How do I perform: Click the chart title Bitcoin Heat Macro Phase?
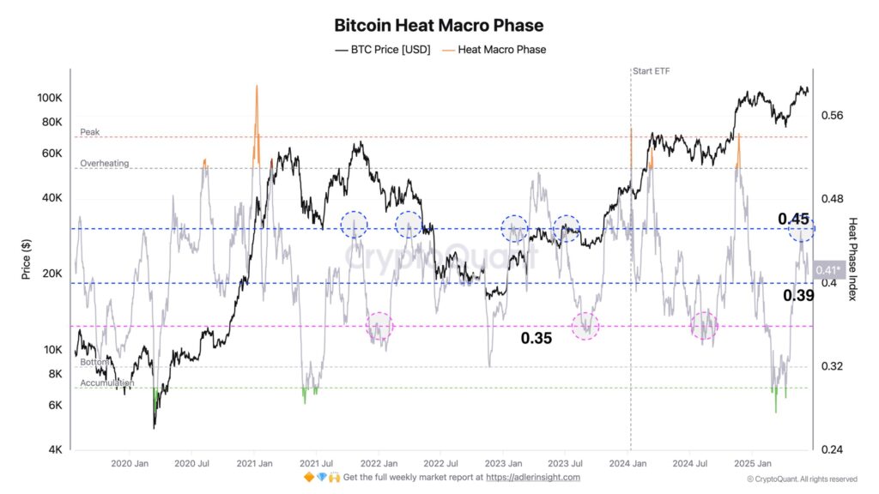click(x=439, y=26)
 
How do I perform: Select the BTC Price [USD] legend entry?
click(x=383, y=50)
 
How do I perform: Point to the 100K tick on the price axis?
click(x=50, y=99)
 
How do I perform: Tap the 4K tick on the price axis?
click(x=54, y=450)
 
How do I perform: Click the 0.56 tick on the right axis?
click(x=834, y=116)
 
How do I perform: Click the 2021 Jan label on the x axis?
click(x=254, y=463)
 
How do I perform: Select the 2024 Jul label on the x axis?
click(x=689, y=463)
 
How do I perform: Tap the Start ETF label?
click(x=652, y=71)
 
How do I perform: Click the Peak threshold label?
click(x=90, y=132)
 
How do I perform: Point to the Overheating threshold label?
click(x=104, y=163)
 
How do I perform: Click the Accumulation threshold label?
click(x=107, y=383)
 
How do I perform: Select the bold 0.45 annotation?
click(x=795, y=219)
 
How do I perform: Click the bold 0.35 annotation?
click(x=536, y=338)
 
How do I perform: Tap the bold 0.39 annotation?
click(x=798, y=295)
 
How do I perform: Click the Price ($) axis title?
click(x=26, y=258)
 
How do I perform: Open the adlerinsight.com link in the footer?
click(x=533, y=477)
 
